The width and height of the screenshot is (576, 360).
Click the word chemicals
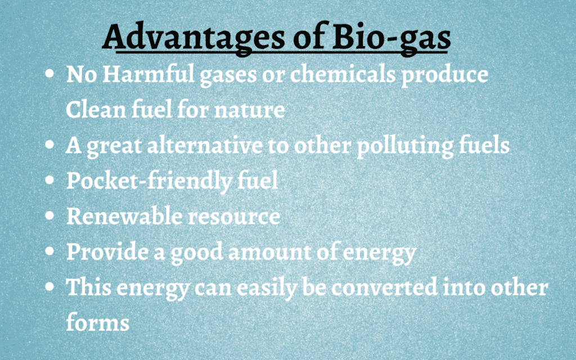(343, 74)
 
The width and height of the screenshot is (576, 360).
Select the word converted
(385, 288)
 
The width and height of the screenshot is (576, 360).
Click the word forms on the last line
(98, 322)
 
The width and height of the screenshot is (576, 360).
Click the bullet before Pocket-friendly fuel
(49, 181)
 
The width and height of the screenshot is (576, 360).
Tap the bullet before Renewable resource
(49, 216)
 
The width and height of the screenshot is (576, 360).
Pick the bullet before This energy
(49, 286)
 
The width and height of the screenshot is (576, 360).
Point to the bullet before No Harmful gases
(49, 74)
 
